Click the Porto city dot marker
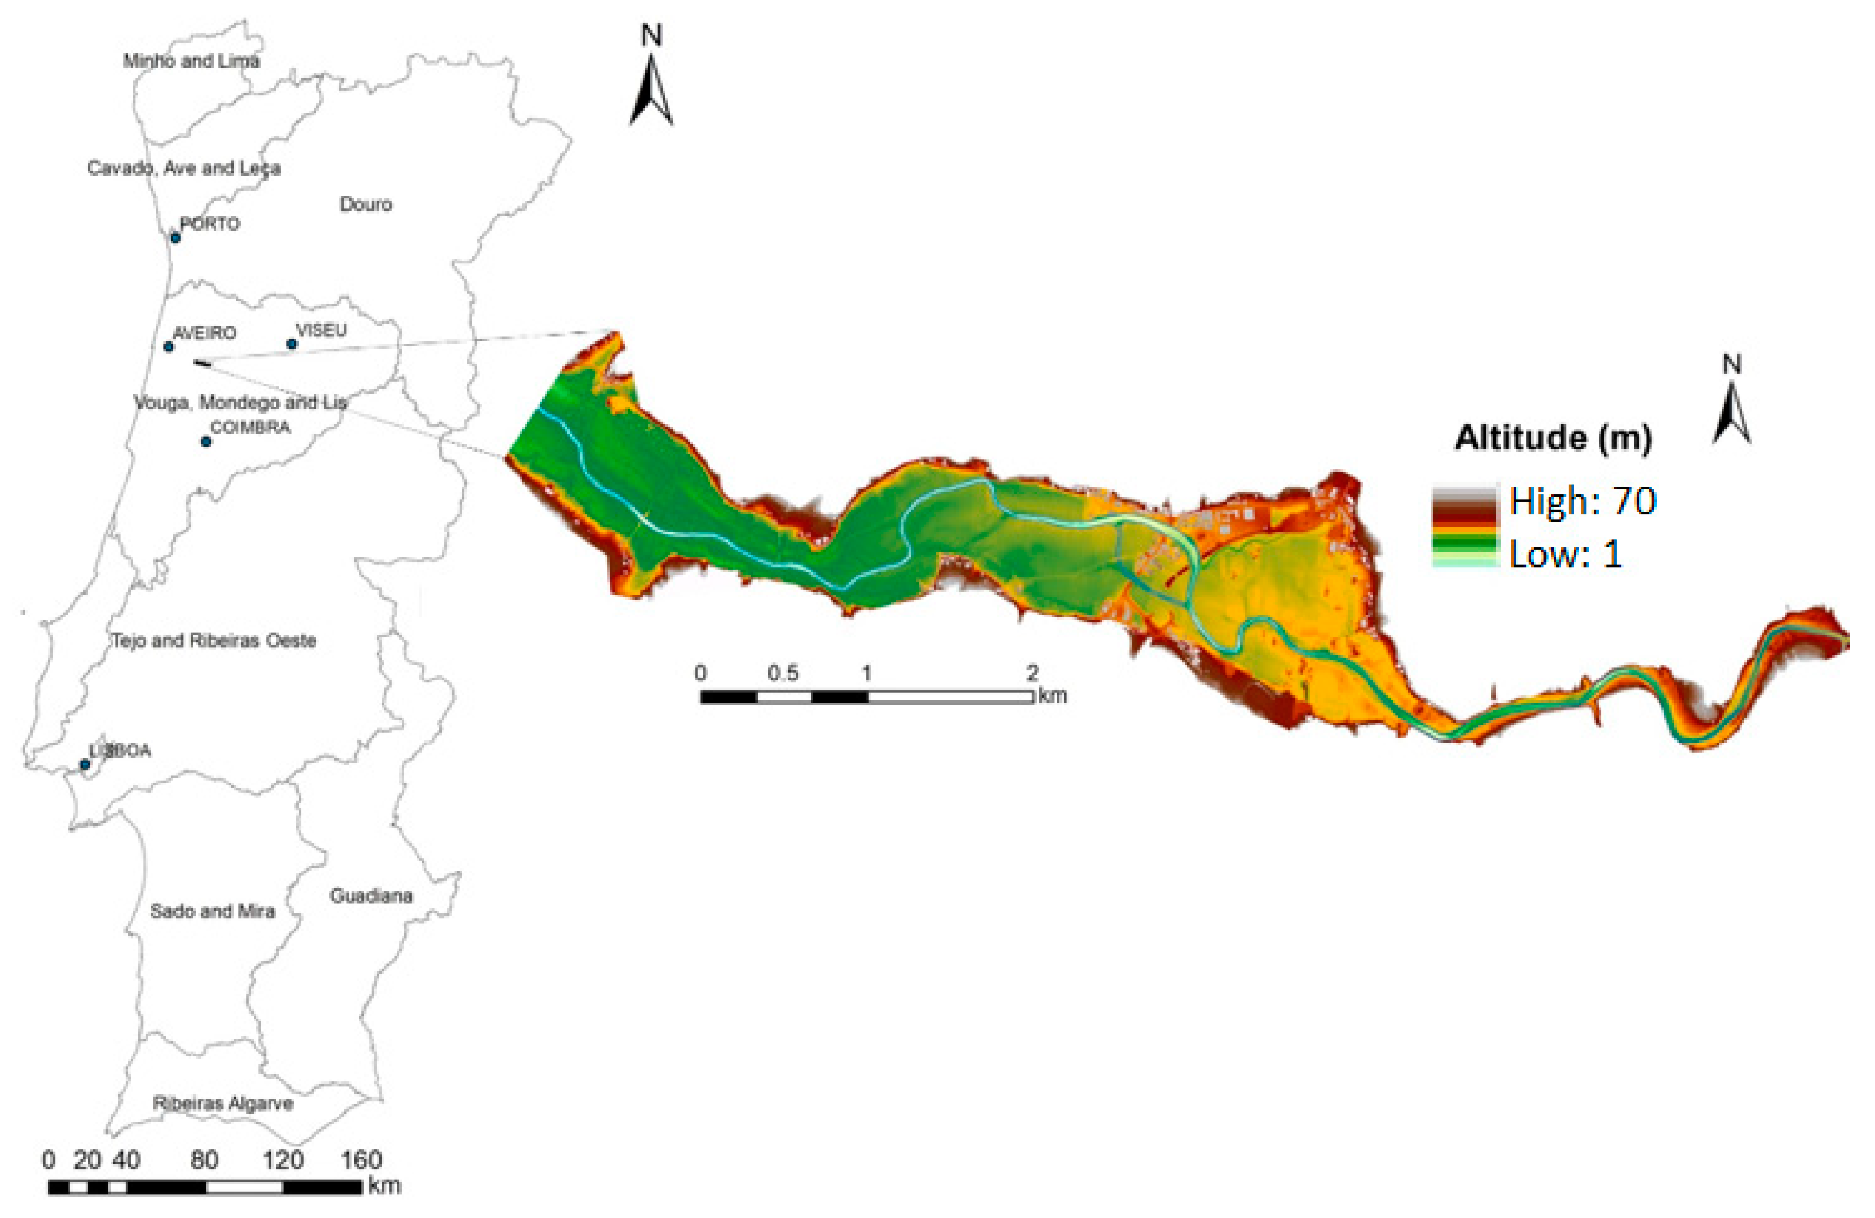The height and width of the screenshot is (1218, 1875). click(176, 237)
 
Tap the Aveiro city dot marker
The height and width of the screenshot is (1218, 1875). click(169, 347)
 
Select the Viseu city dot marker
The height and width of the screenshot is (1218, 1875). click(292, 344)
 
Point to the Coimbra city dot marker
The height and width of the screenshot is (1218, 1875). click(206, 441)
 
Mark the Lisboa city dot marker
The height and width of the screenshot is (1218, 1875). click(85, 764)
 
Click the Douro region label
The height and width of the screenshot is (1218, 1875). click(366, 204)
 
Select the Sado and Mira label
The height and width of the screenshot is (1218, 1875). click(213, 912)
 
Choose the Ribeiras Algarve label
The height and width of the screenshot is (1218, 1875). click(223, 1103)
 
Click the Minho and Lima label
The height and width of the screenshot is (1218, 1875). click(191, 61)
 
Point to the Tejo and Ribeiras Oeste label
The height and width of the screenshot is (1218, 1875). click(214, 641)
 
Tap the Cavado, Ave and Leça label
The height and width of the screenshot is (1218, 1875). click(184, 168)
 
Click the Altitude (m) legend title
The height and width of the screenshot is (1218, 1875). click(1552, 438)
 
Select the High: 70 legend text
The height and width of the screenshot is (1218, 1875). click(1582, 501)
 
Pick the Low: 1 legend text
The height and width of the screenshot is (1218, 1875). click(1566, 555)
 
